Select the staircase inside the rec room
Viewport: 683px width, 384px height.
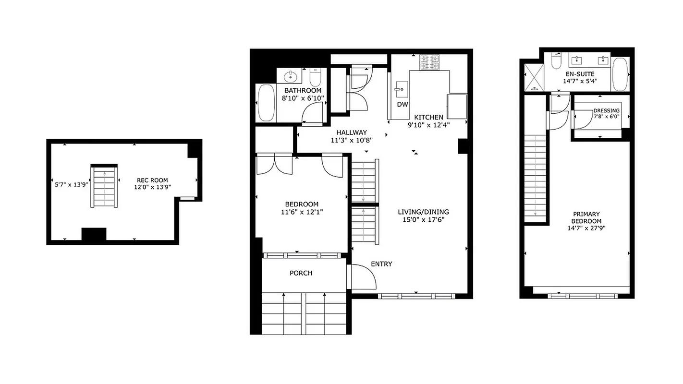[x=104, y=186]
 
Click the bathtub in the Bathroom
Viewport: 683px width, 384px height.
[x=266, y=103]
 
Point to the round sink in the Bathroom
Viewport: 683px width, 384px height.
[x=291, y=76]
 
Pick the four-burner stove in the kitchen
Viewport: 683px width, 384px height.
[x=430, y=62]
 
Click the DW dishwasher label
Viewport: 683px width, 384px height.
[x=402, y=105]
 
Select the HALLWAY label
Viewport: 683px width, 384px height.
[x=352, y=132]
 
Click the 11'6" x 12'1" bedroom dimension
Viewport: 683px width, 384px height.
[x=301, y=212]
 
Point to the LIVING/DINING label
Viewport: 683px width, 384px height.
[x=423, y=212]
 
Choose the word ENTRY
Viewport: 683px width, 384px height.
[x=381, y=264]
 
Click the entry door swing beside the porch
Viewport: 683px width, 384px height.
[x=363, y=277]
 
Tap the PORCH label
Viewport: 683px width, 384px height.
[x=301, y=273]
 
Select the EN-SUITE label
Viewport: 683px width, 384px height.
[x=580, y=74]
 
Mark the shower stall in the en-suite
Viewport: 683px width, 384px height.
[x=532, y=77]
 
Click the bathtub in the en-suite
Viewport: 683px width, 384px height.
[x=620, y=75]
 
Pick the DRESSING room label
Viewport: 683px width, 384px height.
[x=607, y=110]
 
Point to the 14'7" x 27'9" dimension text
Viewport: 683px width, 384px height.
[x=586, y=228]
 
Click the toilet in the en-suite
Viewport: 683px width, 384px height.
[x=556, y=61]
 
